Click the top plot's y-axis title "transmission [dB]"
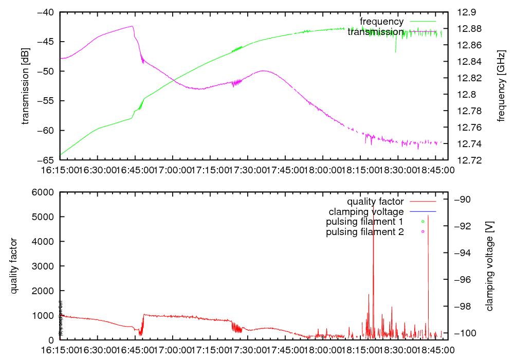pyautogui.click(x=25, y=86)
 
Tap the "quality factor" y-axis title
pyautogui.click(x=15, y=266)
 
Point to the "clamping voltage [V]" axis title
pyautogui.click(x=489, y=266)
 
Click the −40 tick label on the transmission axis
pyautogui.click(x=46, y=12)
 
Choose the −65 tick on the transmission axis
pyautogui.click(x=46, y=160)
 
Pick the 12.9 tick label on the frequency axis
pyautogui.click(x=466, y=12)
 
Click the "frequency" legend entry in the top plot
pyautogui.click(x=382, y=22)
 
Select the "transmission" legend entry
pyautogui.click(x=376, y=32)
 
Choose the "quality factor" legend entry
pyautogui.click(x=375, y=202)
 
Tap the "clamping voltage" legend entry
pyautogui.click(x=366, y=212)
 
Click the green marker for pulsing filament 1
pyautogui.click(x=423, y=222)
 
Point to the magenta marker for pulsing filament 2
pyautogui.click(x=423, y=232)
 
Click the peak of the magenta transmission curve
pyautogui.click(x=132, y=26)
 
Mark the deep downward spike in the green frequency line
pyautogui.click(x=395, y=51)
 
